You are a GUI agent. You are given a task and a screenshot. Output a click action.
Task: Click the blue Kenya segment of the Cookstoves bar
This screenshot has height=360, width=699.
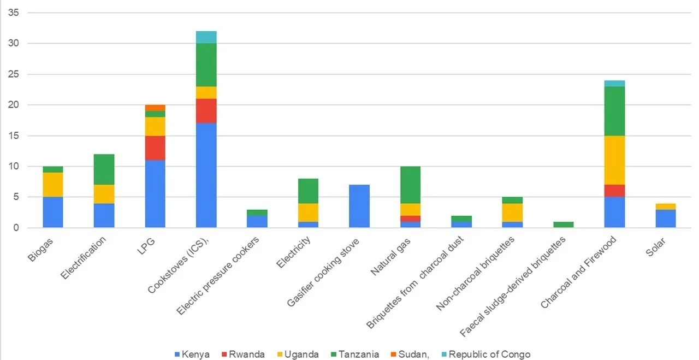pyautogui.click(x=206, y=175)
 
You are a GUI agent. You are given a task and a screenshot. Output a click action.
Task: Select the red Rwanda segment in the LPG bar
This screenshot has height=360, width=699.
pyautogui.click(x=155, y=147)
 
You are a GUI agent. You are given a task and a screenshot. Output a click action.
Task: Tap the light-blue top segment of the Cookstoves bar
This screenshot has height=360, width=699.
pyautogui.click(x=206, y=37)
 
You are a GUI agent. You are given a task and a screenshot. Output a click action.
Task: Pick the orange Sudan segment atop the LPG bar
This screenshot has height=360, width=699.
pyautogui.click(x=155, y=108)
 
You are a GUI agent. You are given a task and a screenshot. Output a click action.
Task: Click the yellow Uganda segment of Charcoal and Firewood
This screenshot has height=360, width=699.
pyautogui.click(x=614, y=160)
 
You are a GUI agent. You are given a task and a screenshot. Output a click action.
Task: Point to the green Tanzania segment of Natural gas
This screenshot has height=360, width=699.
pyautogui.click(x=410, y=185)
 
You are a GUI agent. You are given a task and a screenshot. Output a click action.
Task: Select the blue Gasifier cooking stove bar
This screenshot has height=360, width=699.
pyautogui.click(x=359, y=206)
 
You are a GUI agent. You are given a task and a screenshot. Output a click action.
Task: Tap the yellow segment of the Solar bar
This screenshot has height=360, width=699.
pyautogui.click(x=665, y=206)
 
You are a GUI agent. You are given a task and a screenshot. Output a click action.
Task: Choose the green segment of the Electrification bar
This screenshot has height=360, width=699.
pyautogui.click(x=104, y=169)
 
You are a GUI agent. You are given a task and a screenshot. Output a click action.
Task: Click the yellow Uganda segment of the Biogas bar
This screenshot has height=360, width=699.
pyautogui.click(x=53, y=185)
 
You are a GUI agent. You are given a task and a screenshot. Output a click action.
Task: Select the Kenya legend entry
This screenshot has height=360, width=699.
pyautogui.click(x=192, y=354)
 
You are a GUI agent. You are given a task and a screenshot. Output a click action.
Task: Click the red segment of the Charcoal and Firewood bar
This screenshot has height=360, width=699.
pyautogui.click(x=614, y=191)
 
